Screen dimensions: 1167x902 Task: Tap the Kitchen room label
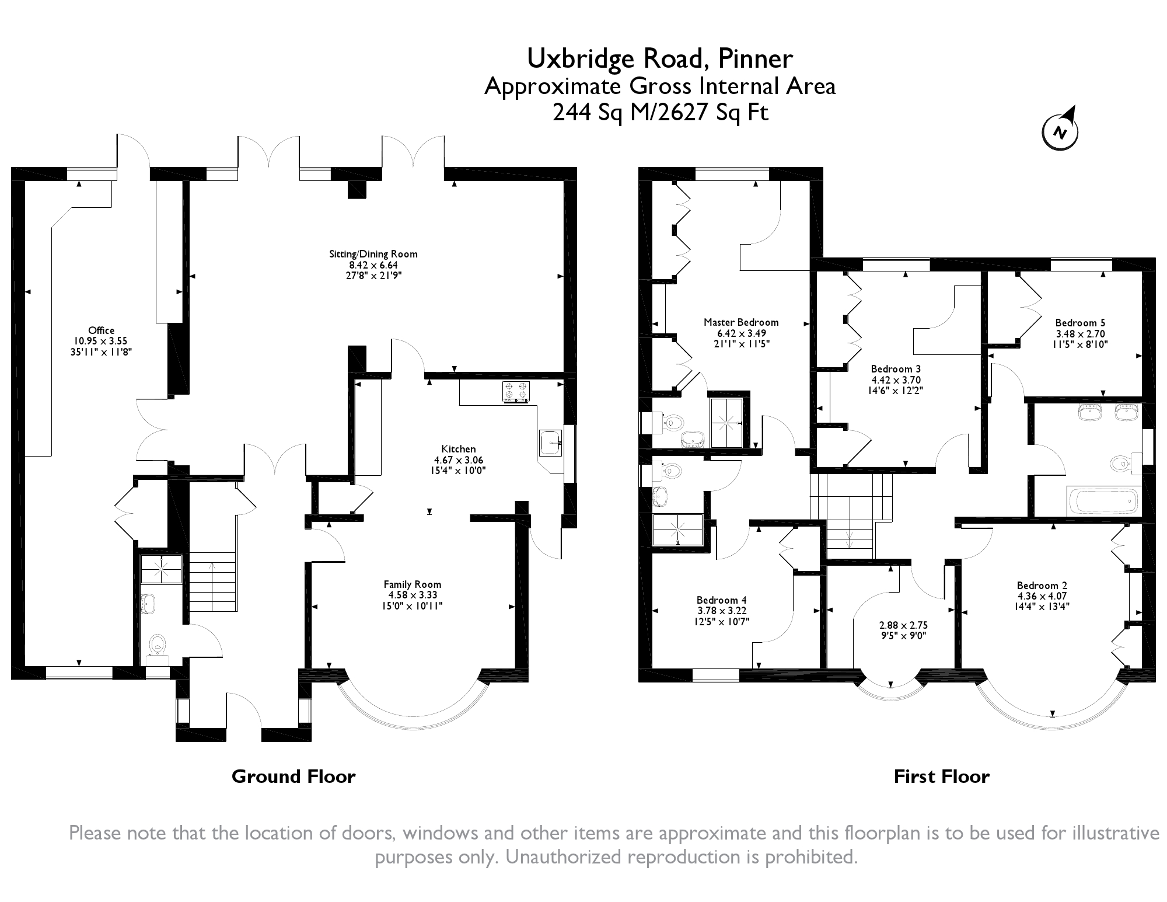pos(458,449)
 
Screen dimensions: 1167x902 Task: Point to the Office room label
pos(102,330)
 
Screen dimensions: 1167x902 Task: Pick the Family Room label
pos(412,584)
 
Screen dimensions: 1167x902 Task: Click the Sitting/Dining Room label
pos(373,254)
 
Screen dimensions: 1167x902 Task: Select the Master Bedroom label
pos(741,322)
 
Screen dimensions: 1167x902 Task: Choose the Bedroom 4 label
pos(721,600)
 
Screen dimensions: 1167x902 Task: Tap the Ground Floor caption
pos(294,776)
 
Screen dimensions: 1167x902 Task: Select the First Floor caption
pos(942,776)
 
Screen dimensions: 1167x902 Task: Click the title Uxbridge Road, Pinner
pos(660,58)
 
